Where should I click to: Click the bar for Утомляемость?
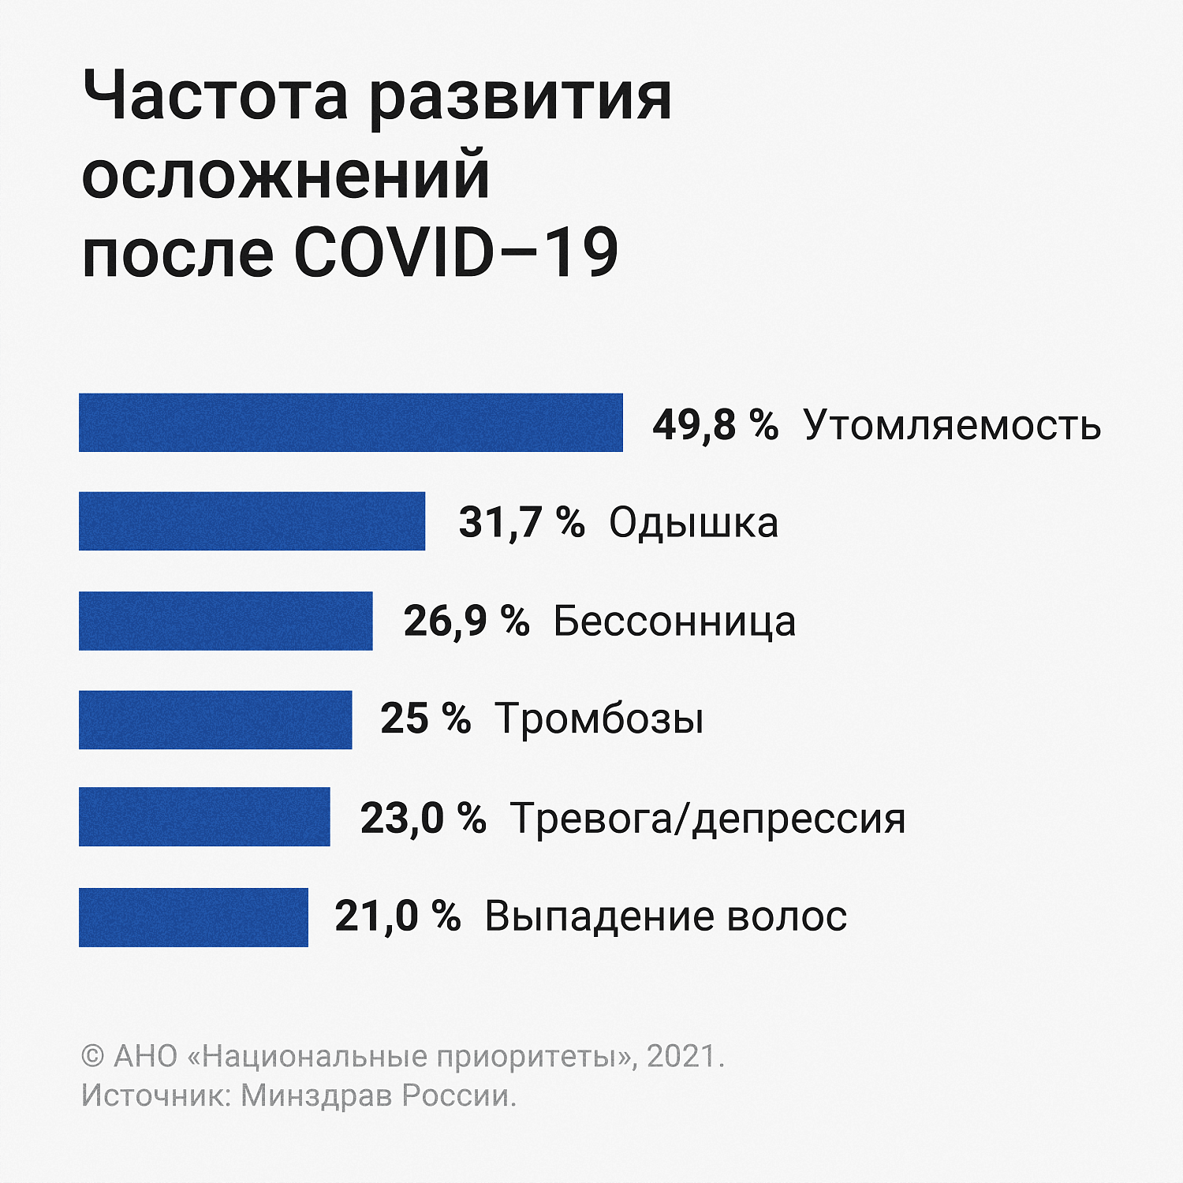pos(351,423)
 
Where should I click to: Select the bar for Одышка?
pos(252,521)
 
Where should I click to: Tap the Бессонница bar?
pos(226,621)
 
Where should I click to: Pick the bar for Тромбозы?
pos(215,719)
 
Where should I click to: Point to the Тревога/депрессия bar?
pos(204,817)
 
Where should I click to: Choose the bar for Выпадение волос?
pos(193,916)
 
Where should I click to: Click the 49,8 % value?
pos(715,424)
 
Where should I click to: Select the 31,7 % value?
pos(521,522)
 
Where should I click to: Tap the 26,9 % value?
pos(466,621)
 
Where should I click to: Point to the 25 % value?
pos(425,718)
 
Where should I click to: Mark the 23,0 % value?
pos(423,818)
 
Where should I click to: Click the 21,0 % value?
pos(397,916)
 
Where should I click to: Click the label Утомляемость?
pos(952,425)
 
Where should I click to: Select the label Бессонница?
pos(674,621)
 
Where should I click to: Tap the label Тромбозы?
pos(599,719)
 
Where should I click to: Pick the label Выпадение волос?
pos(666,916)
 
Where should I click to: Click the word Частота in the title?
pos(215,96)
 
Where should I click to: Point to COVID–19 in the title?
pos(456,252)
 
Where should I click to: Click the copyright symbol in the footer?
pos(93,1056)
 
